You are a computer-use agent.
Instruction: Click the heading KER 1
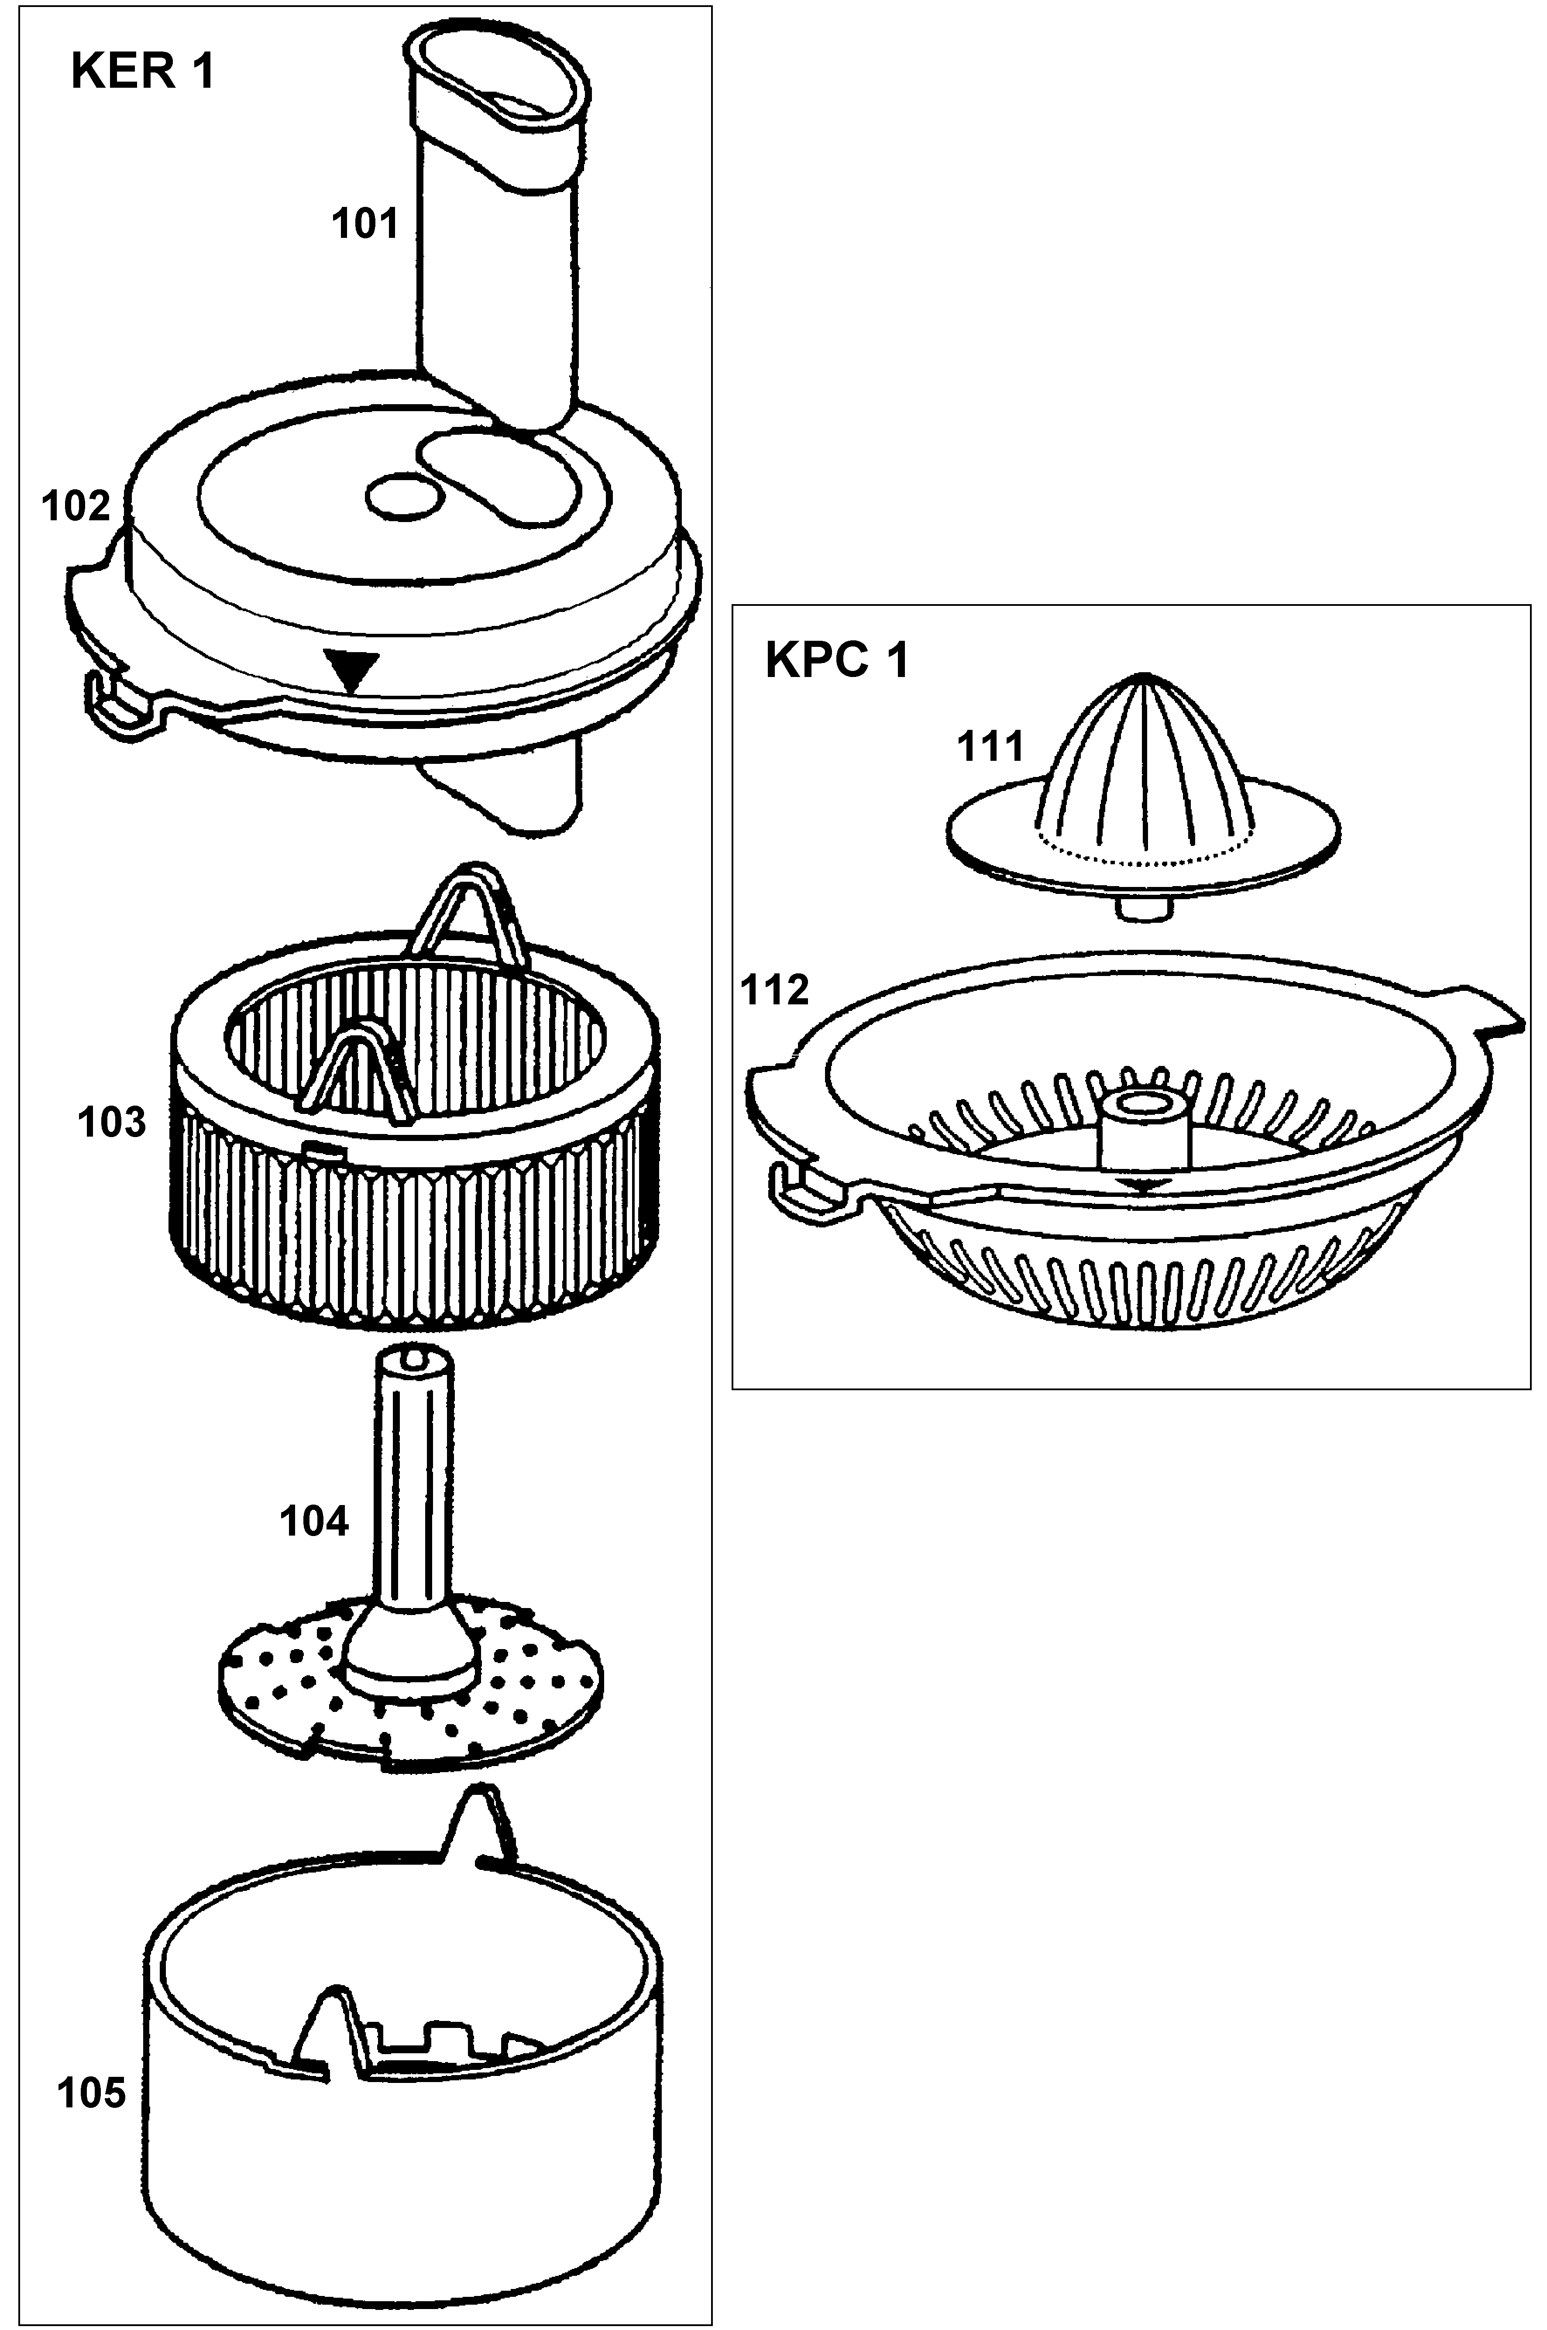coord(143,72)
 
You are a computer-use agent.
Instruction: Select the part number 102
coord(76,506)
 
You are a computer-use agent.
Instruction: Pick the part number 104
coord(314,1521)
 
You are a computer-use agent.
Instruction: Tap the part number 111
coord(990,747)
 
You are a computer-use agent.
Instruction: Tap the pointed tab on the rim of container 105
coord(481,1824)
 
